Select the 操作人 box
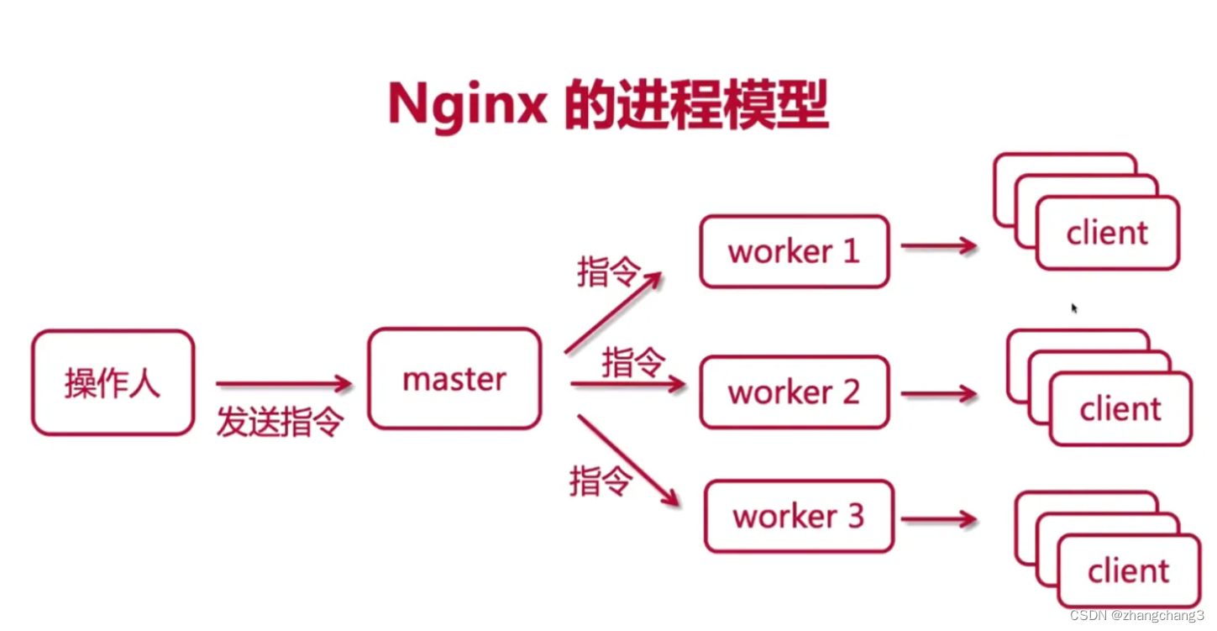[113, 383]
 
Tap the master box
[454, 379]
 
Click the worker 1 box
[794, 251]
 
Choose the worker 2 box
[794, 392]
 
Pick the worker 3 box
[798, 516]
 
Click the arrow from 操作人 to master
[283, 384]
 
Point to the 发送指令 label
[280, 422]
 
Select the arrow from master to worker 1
[613, 312]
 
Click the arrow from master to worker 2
[627, 385]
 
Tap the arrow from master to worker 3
[627, 460]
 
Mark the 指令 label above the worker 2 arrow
[633, 363]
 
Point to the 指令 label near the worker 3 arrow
[601, 481]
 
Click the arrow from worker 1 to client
[939, 246]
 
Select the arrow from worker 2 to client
[939, 393]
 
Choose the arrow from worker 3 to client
[939, 519]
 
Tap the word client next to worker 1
[1106, 233]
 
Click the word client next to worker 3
[1128, 571]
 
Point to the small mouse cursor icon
[1074, 308]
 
